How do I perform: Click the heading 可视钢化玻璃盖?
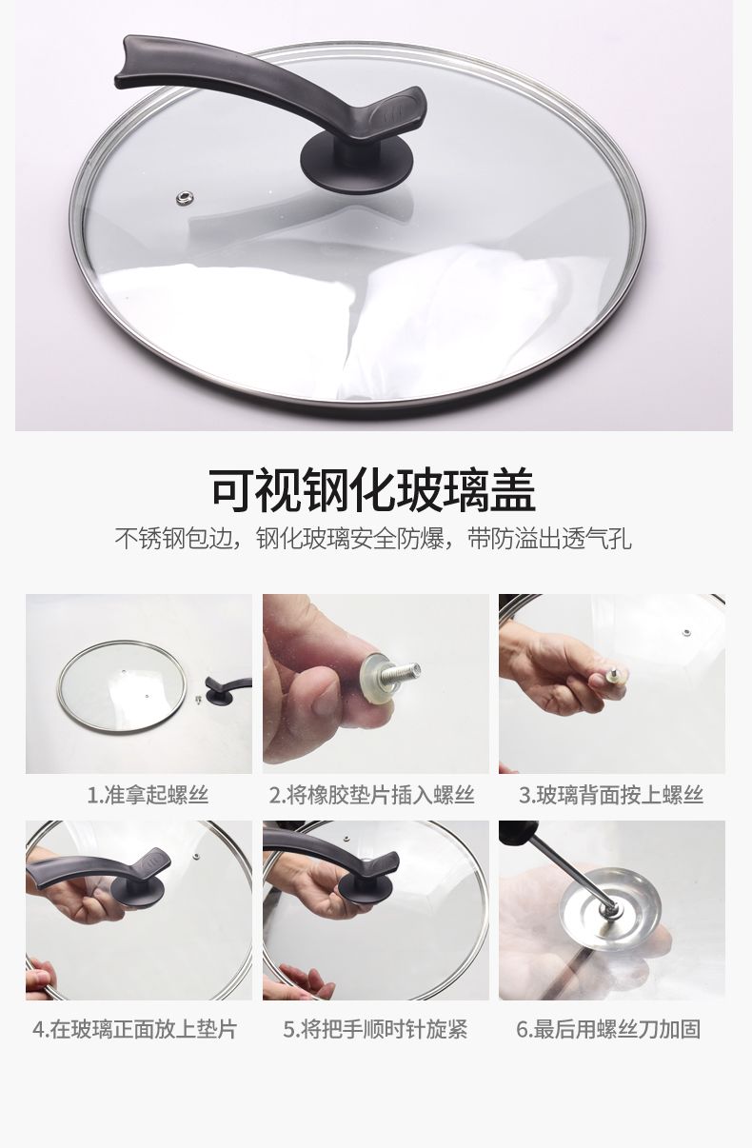[372, 490]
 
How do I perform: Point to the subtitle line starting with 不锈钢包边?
[372, 538]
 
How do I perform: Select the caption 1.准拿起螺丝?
[148, 795]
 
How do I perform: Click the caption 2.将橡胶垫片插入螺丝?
[372, 795]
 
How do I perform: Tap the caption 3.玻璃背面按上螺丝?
[610, 795]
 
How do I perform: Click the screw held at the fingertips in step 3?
[613, 675]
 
